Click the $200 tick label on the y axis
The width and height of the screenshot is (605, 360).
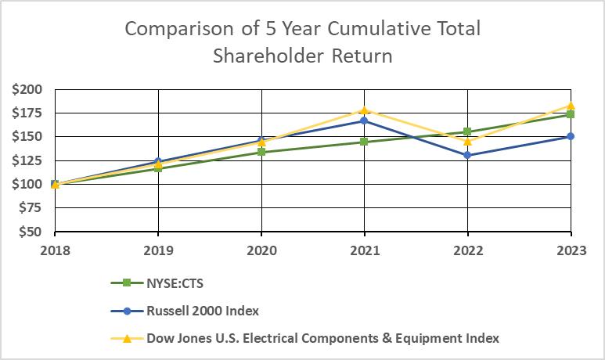pyautogui.click(x=27, y=89)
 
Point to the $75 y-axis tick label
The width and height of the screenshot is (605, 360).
pyautogui.click(x=30, y=208)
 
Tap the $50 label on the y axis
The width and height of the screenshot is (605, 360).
pyautogui.click(x=30, y=232)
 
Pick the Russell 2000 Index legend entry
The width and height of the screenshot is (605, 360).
pyautogui.click(x=203, y=311)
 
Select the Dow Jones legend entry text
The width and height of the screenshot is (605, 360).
pyautogui.click(x=322, y=338)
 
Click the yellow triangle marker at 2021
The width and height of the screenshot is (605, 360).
pyautogui.click(x=364, y=110)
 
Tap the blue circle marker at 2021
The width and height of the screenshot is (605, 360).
pyautogui.click(x=364, y=121)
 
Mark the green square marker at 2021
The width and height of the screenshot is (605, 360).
pyautogui.click(x=364, y=142)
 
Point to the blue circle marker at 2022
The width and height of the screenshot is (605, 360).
pyautogui.click(x=467, y=155)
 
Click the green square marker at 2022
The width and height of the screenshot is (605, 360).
pyautogui.click(x=467, y=131)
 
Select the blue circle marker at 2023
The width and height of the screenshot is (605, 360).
pyautogui.click(x=571, y=136)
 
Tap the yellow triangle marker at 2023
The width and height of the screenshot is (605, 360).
pyautogui.click(x=571, y=106)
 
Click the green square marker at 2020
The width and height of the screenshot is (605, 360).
pyautogui.click(x=261, y=152)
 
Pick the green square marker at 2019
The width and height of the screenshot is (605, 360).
pyautogui.click(x=158, y=168)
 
